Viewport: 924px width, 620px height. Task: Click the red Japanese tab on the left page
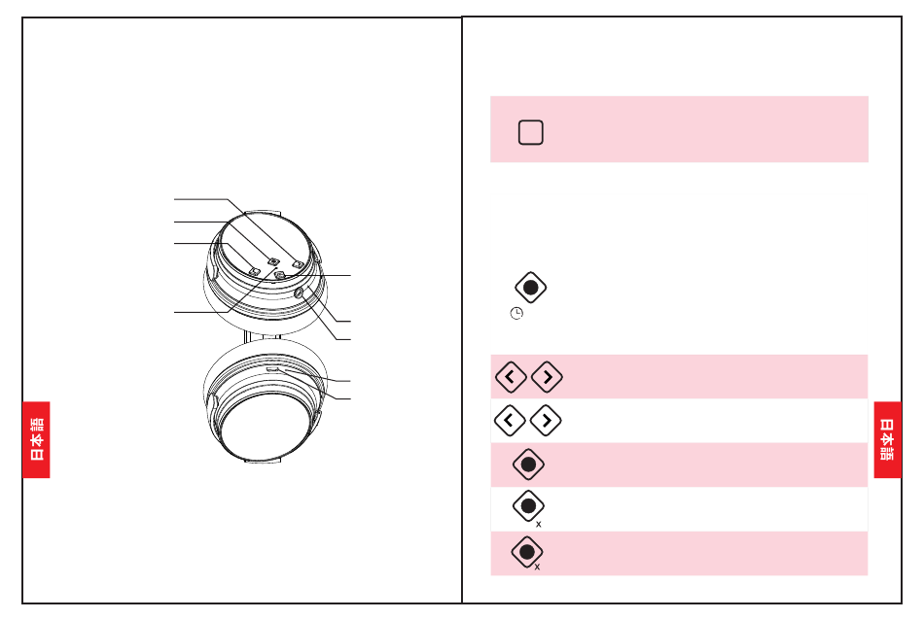coord(36,439)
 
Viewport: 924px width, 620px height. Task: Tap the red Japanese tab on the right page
coord(887,439)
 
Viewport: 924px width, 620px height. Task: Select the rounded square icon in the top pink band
coord(530,132)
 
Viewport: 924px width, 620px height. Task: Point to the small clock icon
coord(516,313)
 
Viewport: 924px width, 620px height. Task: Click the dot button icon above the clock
coord(530,288)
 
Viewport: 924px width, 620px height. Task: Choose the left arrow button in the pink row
coord(511,377)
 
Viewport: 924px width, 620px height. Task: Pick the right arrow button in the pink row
coord(547,377)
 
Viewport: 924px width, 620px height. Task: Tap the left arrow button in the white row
coord(510,421)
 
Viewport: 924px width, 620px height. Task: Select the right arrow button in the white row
coord(546,421)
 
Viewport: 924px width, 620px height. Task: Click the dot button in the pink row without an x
coord(528,465)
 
